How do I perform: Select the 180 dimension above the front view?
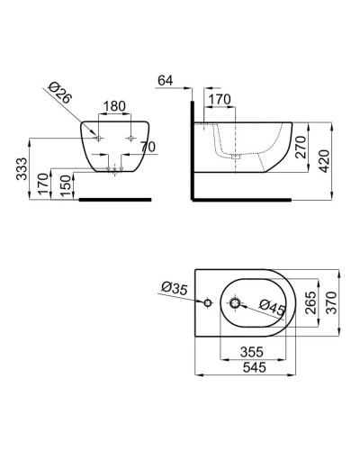tap(113, 106)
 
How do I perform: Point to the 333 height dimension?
tap(22, 167)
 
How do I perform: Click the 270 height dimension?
tap(302, 143)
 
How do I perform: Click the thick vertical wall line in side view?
tap(192, 148)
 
